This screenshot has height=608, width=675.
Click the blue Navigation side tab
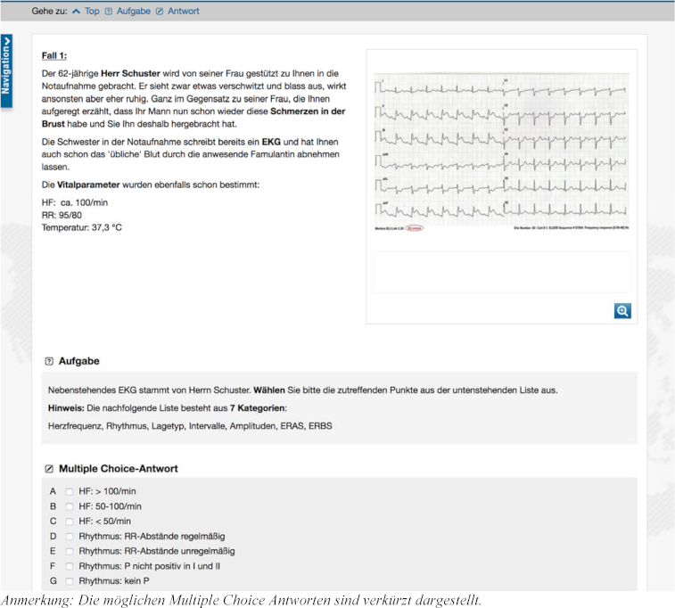pos(6,70)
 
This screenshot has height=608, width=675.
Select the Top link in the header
pos(92,11)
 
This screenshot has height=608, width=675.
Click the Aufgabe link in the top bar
pos(133,11)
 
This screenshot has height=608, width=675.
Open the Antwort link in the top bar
pos(183,11)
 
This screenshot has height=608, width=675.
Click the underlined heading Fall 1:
pos(54,55)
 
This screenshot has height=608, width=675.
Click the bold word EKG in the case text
pos(271,142)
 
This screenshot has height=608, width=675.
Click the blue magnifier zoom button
pos(622,310)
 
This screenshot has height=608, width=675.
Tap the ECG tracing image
pos(502,152)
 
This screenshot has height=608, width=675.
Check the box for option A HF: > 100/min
pos(70,491)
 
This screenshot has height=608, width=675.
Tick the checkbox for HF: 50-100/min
pos(70,506)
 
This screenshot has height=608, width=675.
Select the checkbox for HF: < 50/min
pos(70,522)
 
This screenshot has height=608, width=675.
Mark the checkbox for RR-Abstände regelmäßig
pos(70,537)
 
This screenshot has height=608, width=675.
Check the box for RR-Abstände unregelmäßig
pos(70,551)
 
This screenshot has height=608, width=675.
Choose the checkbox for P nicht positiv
pos(70,566)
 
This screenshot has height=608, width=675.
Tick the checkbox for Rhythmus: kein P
pos(70,581)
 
